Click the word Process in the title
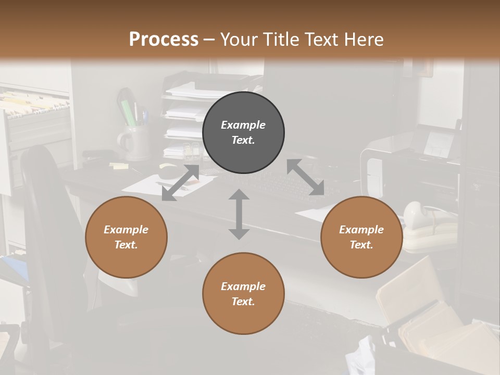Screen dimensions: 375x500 [x=164, y=40]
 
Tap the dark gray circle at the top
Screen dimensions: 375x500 [x=243, y=132]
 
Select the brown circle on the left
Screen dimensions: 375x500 [x=126, y=237]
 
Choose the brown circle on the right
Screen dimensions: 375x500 [x=361, y=237]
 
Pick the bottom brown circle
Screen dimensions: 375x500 [x=243, y=293]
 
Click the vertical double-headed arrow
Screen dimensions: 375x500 [x=239, y=214]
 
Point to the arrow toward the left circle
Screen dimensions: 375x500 [x=180, y=183]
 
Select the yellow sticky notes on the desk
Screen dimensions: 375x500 [x=119, y=166]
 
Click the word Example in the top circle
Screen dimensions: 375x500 [x=243, y=125]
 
